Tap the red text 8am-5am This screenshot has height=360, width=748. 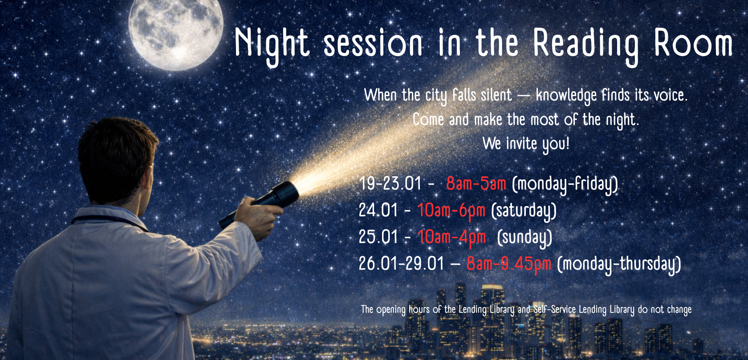(x=476, y=184)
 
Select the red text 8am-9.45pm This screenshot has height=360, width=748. (x=508, y=264)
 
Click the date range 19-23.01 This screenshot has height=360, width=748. (x=390, y=184)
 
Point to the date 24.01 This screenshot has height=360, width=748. (x=378, y=210)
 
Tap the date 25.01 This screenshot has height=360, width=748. (x=378, y=237)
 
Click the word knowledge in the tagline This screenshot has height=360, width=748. (x=566, y=96)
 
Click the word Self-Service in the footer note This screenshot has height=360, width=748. (x=554, y=310)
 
